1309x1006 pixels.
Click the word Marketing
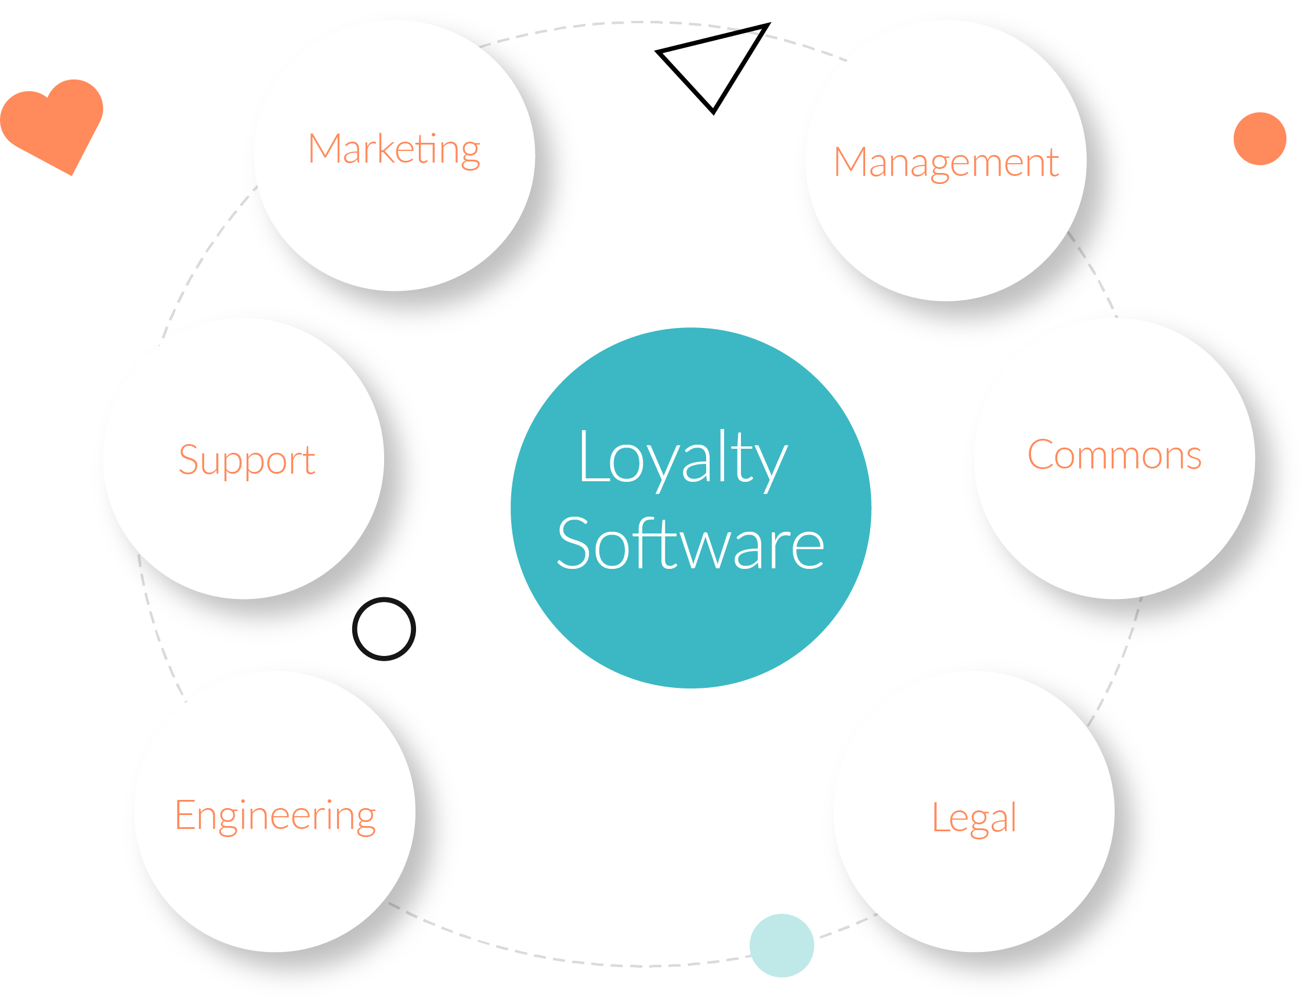(x=394, y=149)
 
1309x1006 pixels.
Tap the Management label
(x=946, y=163)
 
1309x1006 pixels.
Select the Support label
(x=247, y=459)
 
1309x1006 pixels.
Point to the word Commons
(x=1115, y=455)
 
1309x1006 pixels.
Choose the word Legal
(x=974, y=817)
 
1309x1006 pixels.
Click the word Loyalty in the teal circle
(x=682, y=458)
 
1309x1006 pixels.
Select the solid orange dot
(x=1260, y=138)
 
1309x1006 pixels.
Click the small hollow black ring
(x=384, y=629)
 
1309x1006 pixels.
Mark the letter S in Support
(x=189, y=459)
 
